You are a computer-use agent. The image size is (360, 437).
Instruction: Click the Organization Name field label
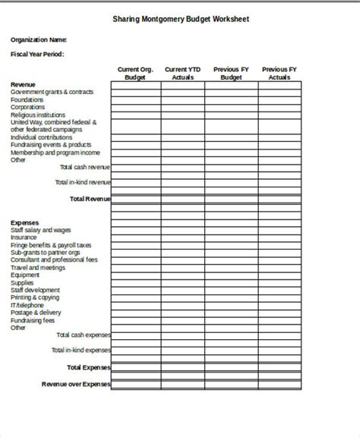39,39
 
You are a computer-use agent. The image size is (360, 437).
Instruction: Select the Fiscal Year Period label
37,55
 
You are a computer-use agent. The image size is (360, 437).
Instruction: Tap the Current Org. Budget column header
136,74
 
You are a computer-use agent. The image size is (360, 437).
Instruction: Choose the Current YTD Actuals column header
182,74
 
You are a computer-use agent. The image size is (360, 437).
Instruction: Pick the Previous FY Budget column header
231,74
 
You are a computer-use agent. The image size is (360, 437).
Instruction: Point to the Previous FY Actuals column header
279,74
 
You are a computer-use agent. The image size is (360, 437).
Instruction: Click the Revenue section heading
23,84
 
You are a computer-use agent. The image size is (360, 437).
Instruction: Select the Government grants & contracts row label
52,93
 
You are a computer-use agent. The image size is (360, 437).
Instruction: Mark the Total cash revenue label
84,166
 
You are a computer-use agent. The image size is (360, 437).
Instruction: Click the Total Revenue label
90,199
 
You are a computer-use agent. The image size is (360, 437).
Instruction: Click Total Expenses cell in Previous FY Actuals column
279,368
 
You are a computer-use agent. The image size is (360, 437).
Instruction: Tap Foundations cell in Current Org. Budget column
136,100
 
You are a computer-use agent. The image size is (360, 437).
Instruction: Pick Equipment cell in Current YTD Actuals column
182,275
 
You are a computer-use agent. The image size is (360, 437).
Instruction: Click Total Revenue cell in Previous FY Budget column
231,199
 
